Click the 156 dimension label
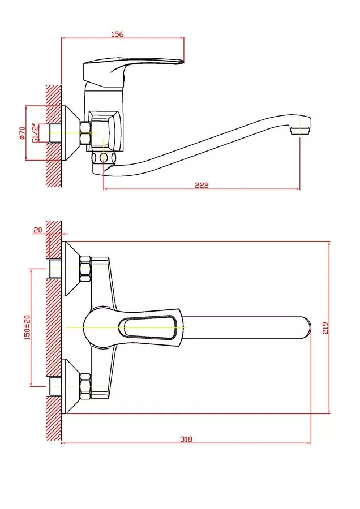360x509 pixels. [117, 34]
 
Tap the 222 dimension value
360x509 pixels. [202, 185]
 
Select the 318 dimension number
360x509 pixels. [186, 439]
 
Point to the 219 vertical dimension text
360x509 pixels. [325, 328]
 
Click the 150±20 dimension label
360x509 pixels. [27, 327]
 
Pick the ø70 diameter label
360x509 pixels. [22, 133]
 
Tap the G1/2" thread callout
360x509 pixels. [35, 133]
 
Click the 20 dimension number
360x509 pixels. [38, 230]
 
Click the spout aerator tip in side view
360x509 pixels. [299, 131]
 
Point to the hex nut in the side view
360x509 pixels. [86, 132]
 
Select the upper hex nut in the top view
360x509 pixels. [85, 269]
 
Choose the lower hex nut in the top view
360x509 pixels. [85, 386]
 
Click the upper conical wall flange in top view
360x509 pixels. [71, 269]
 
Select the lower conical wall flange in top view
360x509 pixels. [71, 386]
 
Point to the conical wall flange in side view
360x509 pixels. [71, 133]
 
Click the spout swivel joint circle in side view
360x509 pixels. [104, 158]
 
